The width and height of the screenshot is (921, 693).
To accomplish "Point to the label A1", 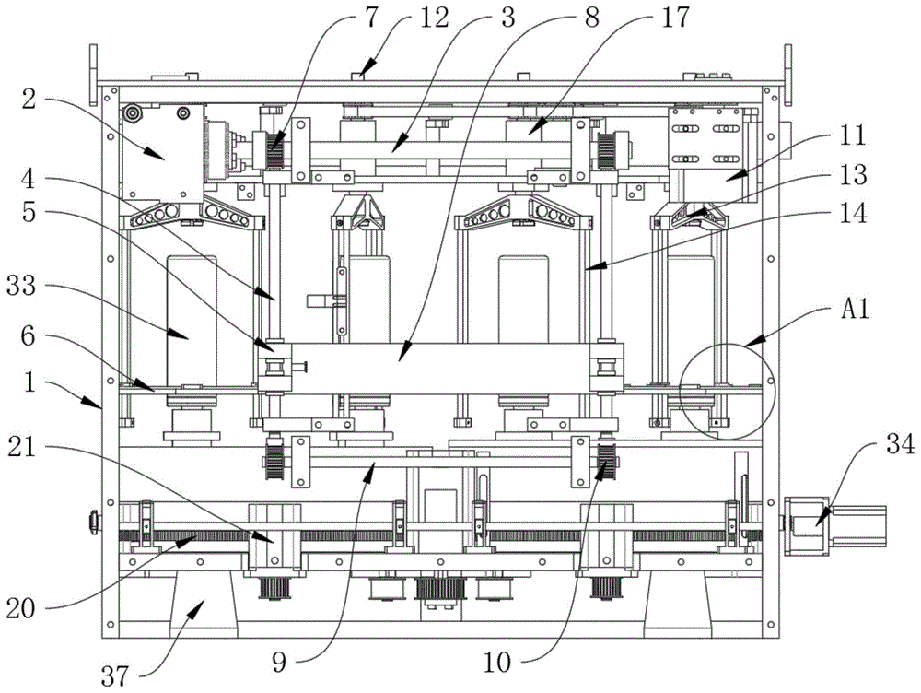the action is [855, 308].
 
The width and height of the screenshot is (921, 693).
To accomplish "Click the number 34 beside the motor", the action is [900, 444].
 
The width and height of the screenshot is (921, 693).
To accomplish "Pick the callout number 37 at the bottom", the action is [114, 676].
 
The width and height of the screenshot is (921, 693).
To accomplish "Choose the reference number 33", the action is [21, 287].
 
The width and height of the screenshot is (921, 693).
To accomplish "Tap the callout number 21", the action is [21, 449].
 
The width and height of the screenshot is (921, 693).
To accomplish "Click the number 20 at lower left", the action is [21, 609].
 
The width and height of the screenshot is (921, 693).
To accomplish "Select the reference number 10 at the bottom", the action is [497, 663].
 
